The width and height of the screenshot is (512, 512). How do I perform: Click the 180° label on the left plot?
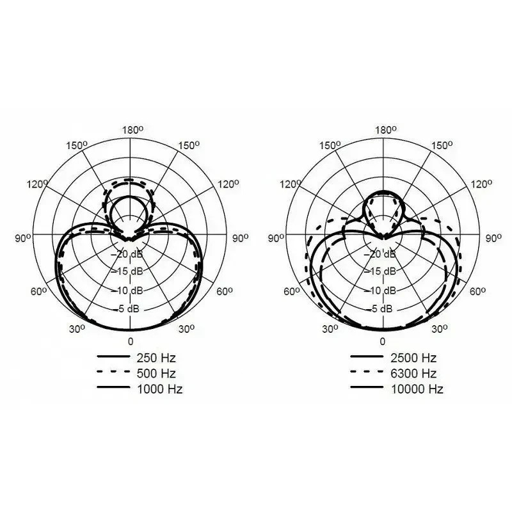coord(132,131)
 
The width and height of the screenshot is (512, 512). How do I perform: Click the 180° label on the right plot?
coord(386,131)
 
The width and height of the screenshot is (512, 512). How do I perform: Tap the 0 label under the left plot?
coord(131,342)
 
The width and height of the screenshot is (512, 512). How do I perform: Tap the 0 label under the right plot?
coord(383,342)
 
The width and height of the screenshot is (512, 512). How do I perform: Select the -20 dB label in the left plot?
coord(129,253)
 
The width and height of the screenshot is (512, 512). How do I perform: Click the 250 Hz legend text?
coord(156,358)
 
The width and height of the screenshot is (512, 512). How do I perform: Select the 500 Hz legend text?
coord(156,373)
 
